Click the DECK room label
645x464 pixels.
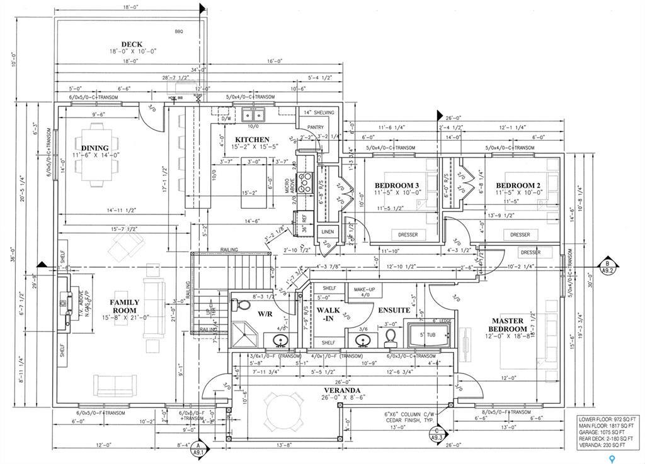tap(132, 44)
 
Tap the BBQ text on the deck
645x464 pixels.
tap(178, 31)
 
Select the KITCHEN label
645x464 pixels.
tap(252, 140)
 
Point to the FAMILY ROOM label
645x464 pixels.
tap(125, 306)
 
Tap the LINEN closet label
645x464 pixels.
tap(328, 232)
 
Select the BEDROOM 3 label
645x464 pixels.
tap(397, 185)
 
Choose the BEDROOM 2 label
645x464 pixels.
tap(519, 185)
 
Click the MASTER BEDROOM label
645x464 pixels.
tap(509, 324)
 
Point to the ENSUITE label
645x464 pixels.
tap(394, 310)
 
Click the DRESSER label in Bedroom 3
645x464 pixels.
tap(408, 235)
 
